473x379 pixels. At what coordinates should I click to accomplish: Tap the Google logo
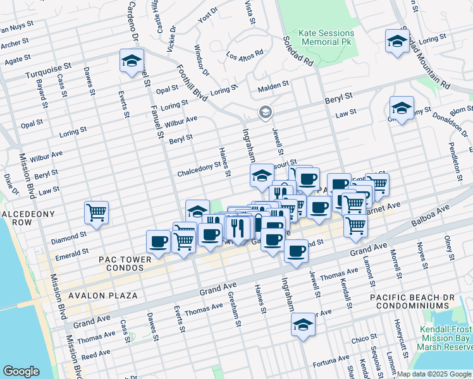coord(21,371)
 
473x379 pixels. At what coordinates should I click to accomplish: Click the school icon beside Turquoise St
coord(132,61)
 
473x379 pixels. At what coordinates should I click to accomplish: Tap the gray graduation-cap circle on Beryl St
coord(266,114)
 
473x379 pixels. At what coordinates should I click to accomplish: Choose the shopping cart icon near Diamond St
coord(96,213)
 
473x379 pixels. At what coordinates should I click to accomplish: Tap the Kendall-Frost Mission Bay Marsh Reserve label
coord(446,338)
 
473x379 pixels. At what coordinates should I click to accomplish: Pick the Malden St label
coord(273,84)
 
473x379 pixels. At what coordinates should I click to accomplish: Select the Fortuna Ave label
coord(330,365)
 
